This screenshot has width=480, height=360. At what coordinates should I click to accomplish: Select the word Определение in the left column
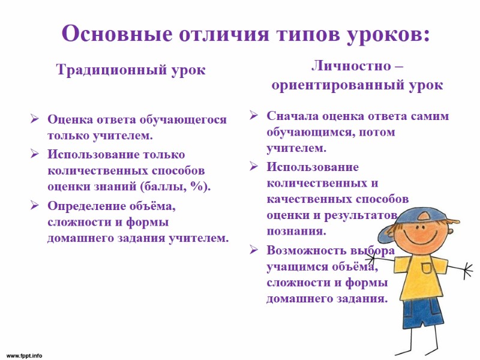click(88, 206)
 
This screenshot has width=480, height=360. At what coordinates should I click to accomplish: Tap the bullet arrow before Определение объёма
click(35, 206)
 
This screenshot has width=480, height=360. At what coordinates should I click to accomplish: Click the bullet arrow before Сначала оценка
click(254, 116)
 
